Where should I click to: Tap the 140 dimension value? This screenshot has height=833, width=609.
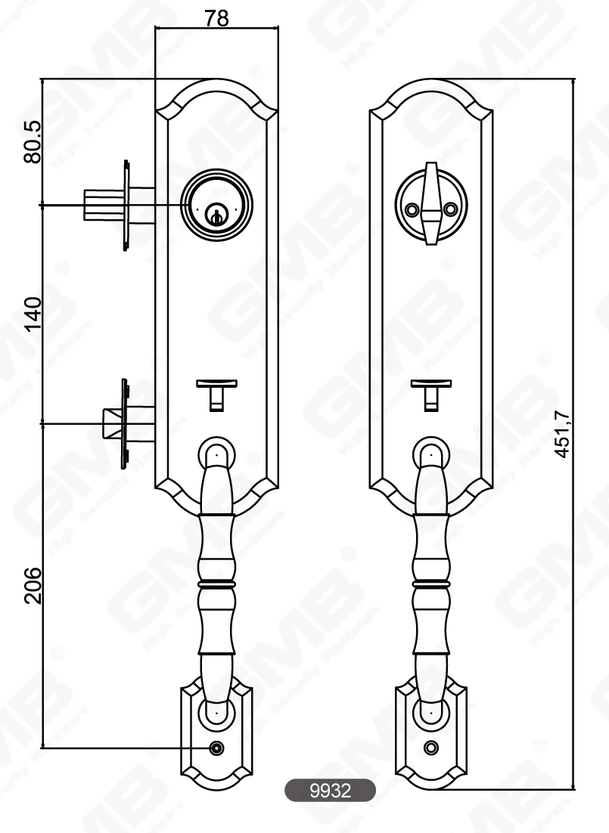pos(33,313)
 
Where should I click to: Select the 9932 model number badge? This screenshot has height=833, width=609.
pos(330,791)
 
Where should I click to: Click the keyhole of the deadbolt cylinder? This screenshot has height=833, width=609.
pos(216,215)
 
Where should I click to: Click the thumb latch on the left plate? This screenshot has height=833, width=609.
pos(216,393)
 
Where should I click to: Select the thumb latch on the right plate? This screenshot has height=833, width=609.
pos(431,393)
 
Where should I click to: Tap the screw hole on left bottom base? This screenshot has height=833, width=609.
pos(216,748)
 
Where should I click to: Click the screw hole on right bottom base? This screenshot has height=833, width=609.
pos(431,748)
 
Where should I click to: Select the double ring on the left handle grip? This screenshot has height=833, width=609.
pos(216,584)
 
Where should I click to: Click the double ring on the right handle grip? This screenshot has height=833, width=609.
pos(431,584)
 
